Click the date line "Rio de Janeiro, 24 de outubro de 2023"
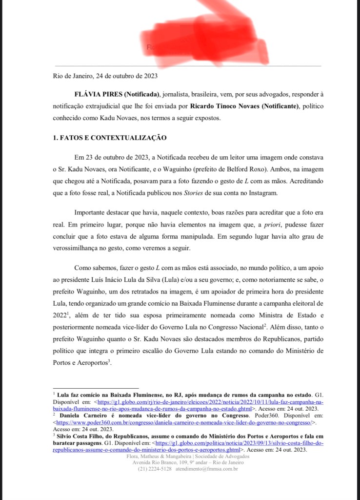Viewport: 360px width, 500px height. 105,76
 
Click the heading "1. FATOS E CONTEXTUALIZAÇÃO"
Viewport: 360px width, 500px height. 110,138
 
